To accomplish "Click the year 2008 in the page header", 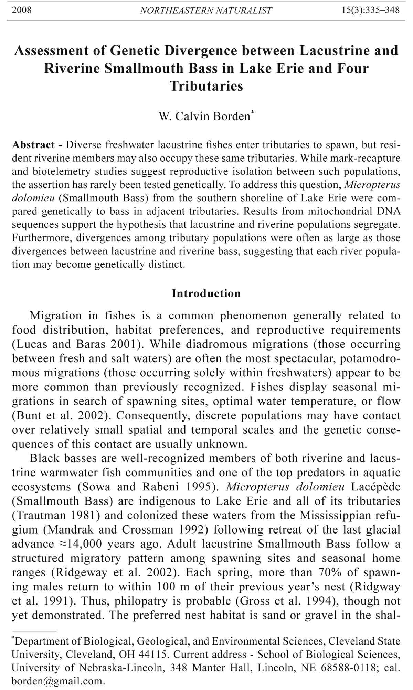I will tap(22, 10).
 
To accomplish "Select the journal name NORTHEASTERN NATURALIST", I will tap(206, 10).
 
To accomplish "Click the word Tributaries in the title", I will tap(206, 86).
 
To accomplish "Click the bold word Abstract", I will tap(33, 145).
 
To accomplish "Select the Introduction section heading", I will tap(206, 293).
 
